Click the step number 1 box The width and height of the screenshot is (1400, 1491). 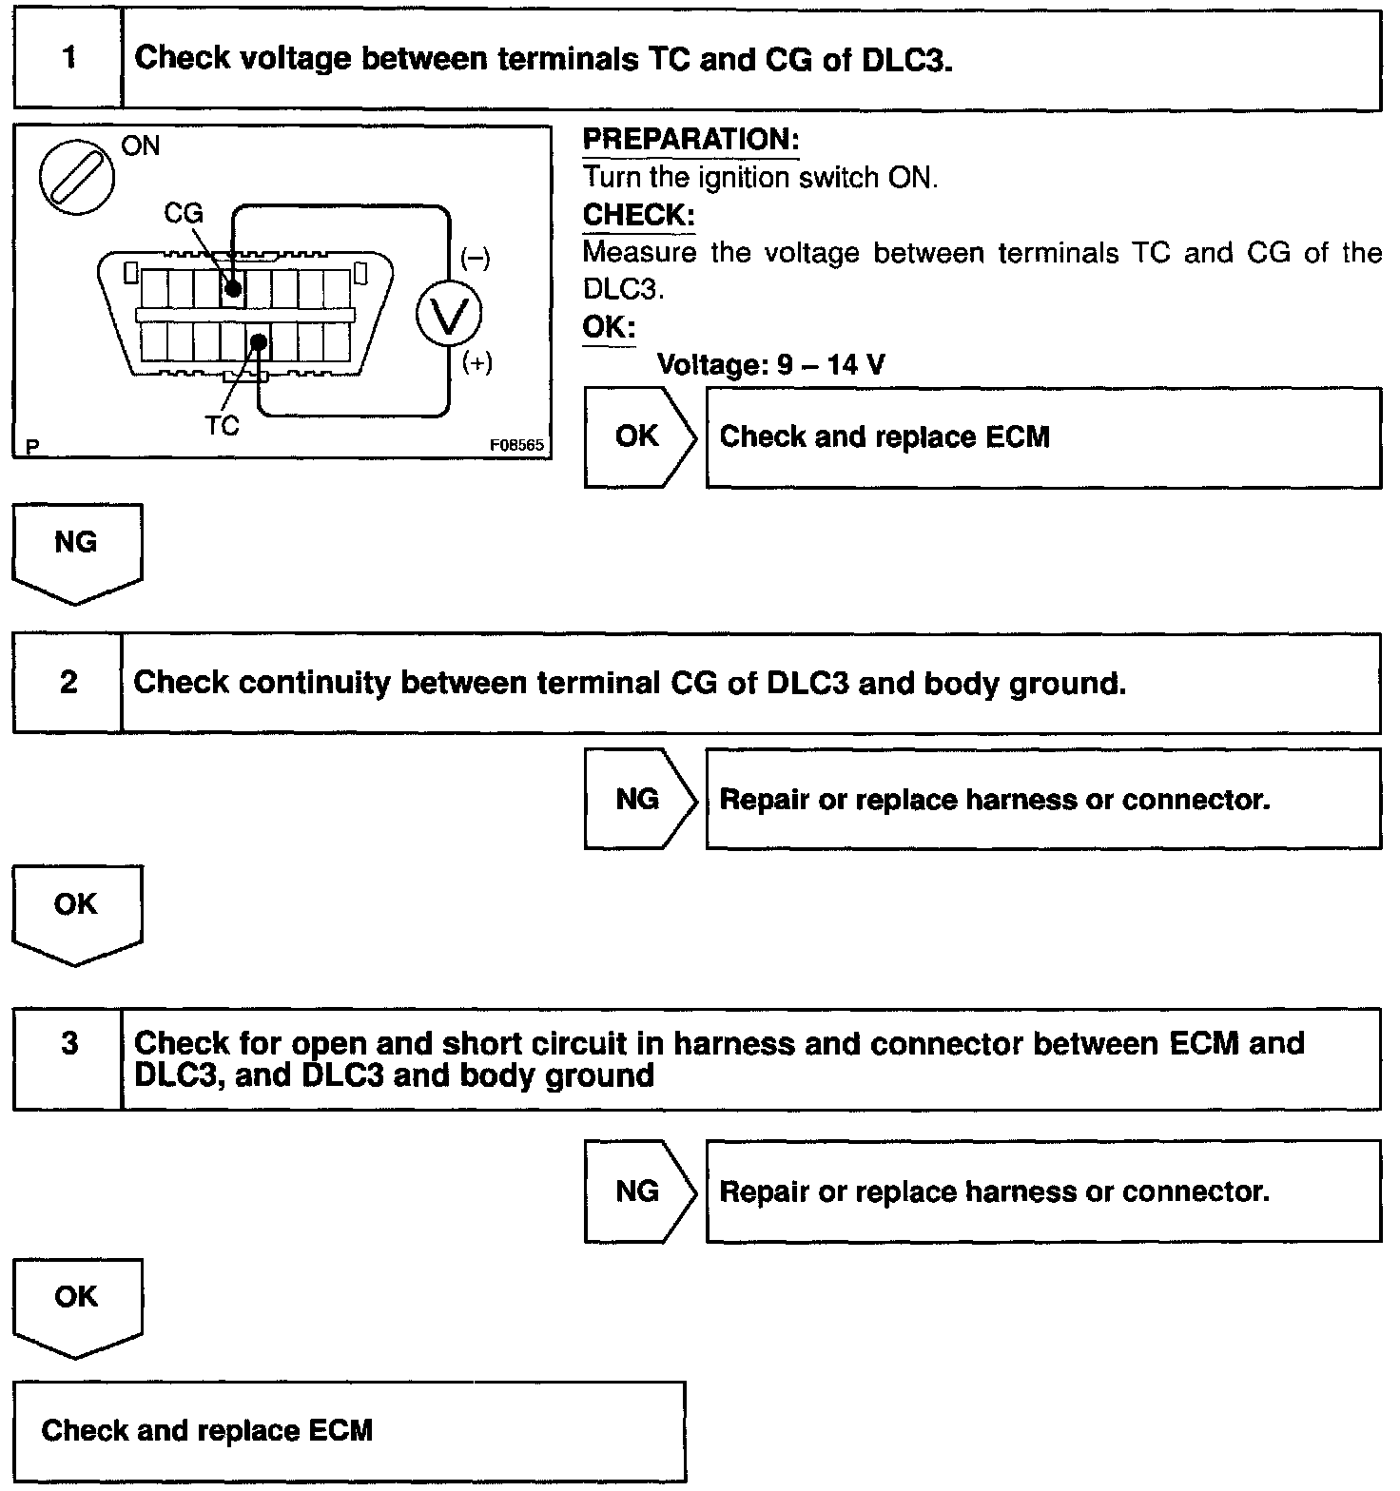pos(68,59)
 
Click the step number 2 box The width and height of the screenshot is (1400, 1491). pos(68,683)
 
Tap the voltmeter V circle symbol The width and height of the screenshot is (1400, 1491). pos(448,315)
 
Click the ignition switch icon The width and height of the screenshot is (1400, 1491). pos(77,178)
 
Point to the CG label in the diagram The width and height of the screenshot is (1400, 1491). pos(184,213)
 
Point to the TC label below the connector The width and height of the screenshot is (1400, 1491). pos(222,426)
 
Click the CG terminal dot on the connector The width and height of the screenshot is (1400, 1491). pos(233,288)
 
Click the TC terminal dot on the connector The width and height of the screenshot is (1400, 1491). pos(259,340)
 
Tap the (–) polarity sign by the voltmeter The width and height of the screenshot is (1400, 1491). pos(476,259)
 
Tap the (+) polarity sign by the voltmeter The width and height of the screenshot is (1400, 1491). pos(476,363)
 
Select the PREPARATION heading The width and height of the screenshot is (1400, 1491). pos(690,140)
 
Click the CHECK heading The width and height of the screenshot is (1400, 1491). pos(638,215)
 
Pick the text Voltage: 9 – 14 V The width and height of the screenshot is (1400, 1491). pos(770,365)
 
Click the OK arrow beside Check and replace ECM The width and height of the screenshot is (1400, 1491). pos(639,436)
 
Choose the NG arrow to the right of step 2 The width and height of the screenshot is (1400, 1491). pos(639,799)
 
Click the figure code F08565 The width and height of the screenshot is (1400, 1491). pos(516,445)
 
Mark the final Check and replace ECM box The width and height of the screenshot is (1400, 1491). pos(348,1430)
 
